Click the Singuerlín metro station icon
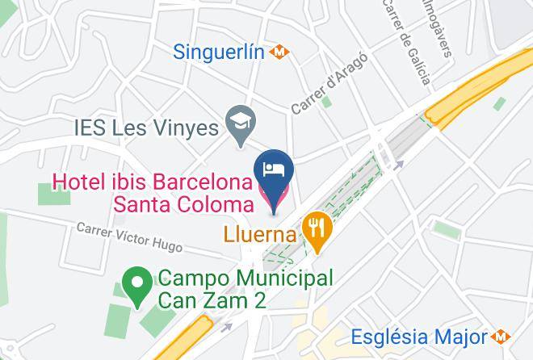point(279,52)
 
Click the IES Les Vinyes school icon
point(239,125)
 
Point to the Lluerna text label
point(258,237)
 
